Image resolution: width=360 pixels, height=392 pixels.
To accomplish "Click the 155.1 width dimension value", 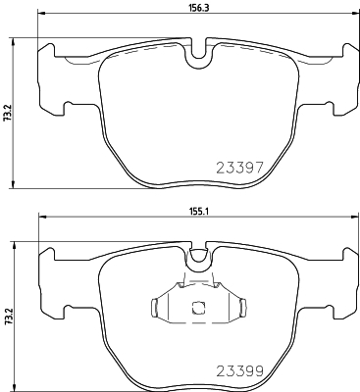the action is tap(199, 212).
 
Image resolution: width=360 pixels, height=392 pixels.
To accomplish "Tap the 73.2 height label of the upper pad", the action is tap(7, 113).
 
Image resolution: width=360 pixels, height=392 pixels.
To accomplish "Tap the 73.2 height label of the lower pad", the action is tap(7, 317).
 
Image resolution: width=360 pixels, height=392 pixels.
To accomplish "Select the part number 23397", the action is tap(239, 168).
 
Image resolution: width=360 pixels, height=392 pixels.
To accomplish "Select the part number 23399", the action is tap(239, 370).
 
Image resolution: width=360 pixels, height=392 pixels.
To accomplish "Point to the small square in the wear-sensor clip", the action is tap(198, 308).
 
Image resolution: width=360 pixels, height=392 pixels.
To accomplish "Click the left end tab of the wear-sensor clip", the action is tap(154, 308).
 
